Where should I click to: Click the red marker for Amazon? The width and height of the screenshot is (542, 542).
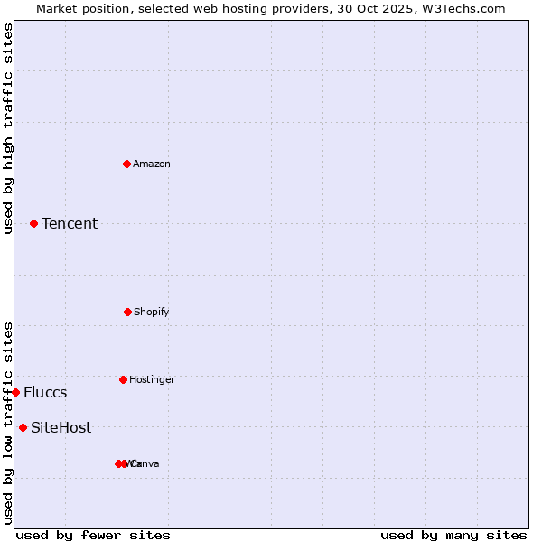[126, 164]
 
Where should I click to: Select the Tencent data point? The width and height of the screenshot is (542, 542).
[33, 223]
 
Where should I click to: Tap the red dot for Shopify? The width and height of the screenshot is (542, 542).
[127, 312]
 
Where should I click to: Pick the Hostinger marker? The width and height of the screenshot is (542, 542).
[123, 379]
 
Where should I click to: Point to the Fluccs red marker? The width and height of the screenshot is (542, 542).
[16, 392]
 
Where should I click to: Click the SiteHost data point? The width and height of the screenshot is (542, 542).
[23, 427]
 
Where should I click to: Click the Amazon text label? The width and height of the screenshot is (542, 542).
[152, 164]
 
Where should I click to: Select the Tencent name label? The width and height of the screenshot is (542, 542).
[70, 223]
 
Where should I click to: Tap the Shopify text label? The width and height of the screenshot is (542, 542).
[152, 312]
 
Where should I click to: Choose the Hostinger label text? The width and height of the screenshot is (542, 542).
[152, 379]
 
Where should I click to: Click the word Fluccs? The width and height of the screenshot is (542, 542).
[45, 392]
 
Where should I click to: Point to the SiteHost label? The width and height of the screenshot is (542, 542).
[61, 427]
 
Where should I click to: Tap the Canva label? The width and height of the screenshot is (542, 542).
[146, 463]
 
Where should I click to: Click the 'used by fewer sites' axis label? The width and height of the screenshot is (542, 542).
[93, 535]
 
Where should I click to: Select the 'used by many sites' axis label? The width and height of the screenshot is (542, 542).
[453, 535]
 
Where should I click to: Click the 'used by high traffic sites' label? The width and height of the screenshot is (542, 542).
[8, 128]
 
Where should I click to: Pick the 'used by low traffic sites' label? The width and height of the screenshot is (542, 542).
[8, 423]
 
